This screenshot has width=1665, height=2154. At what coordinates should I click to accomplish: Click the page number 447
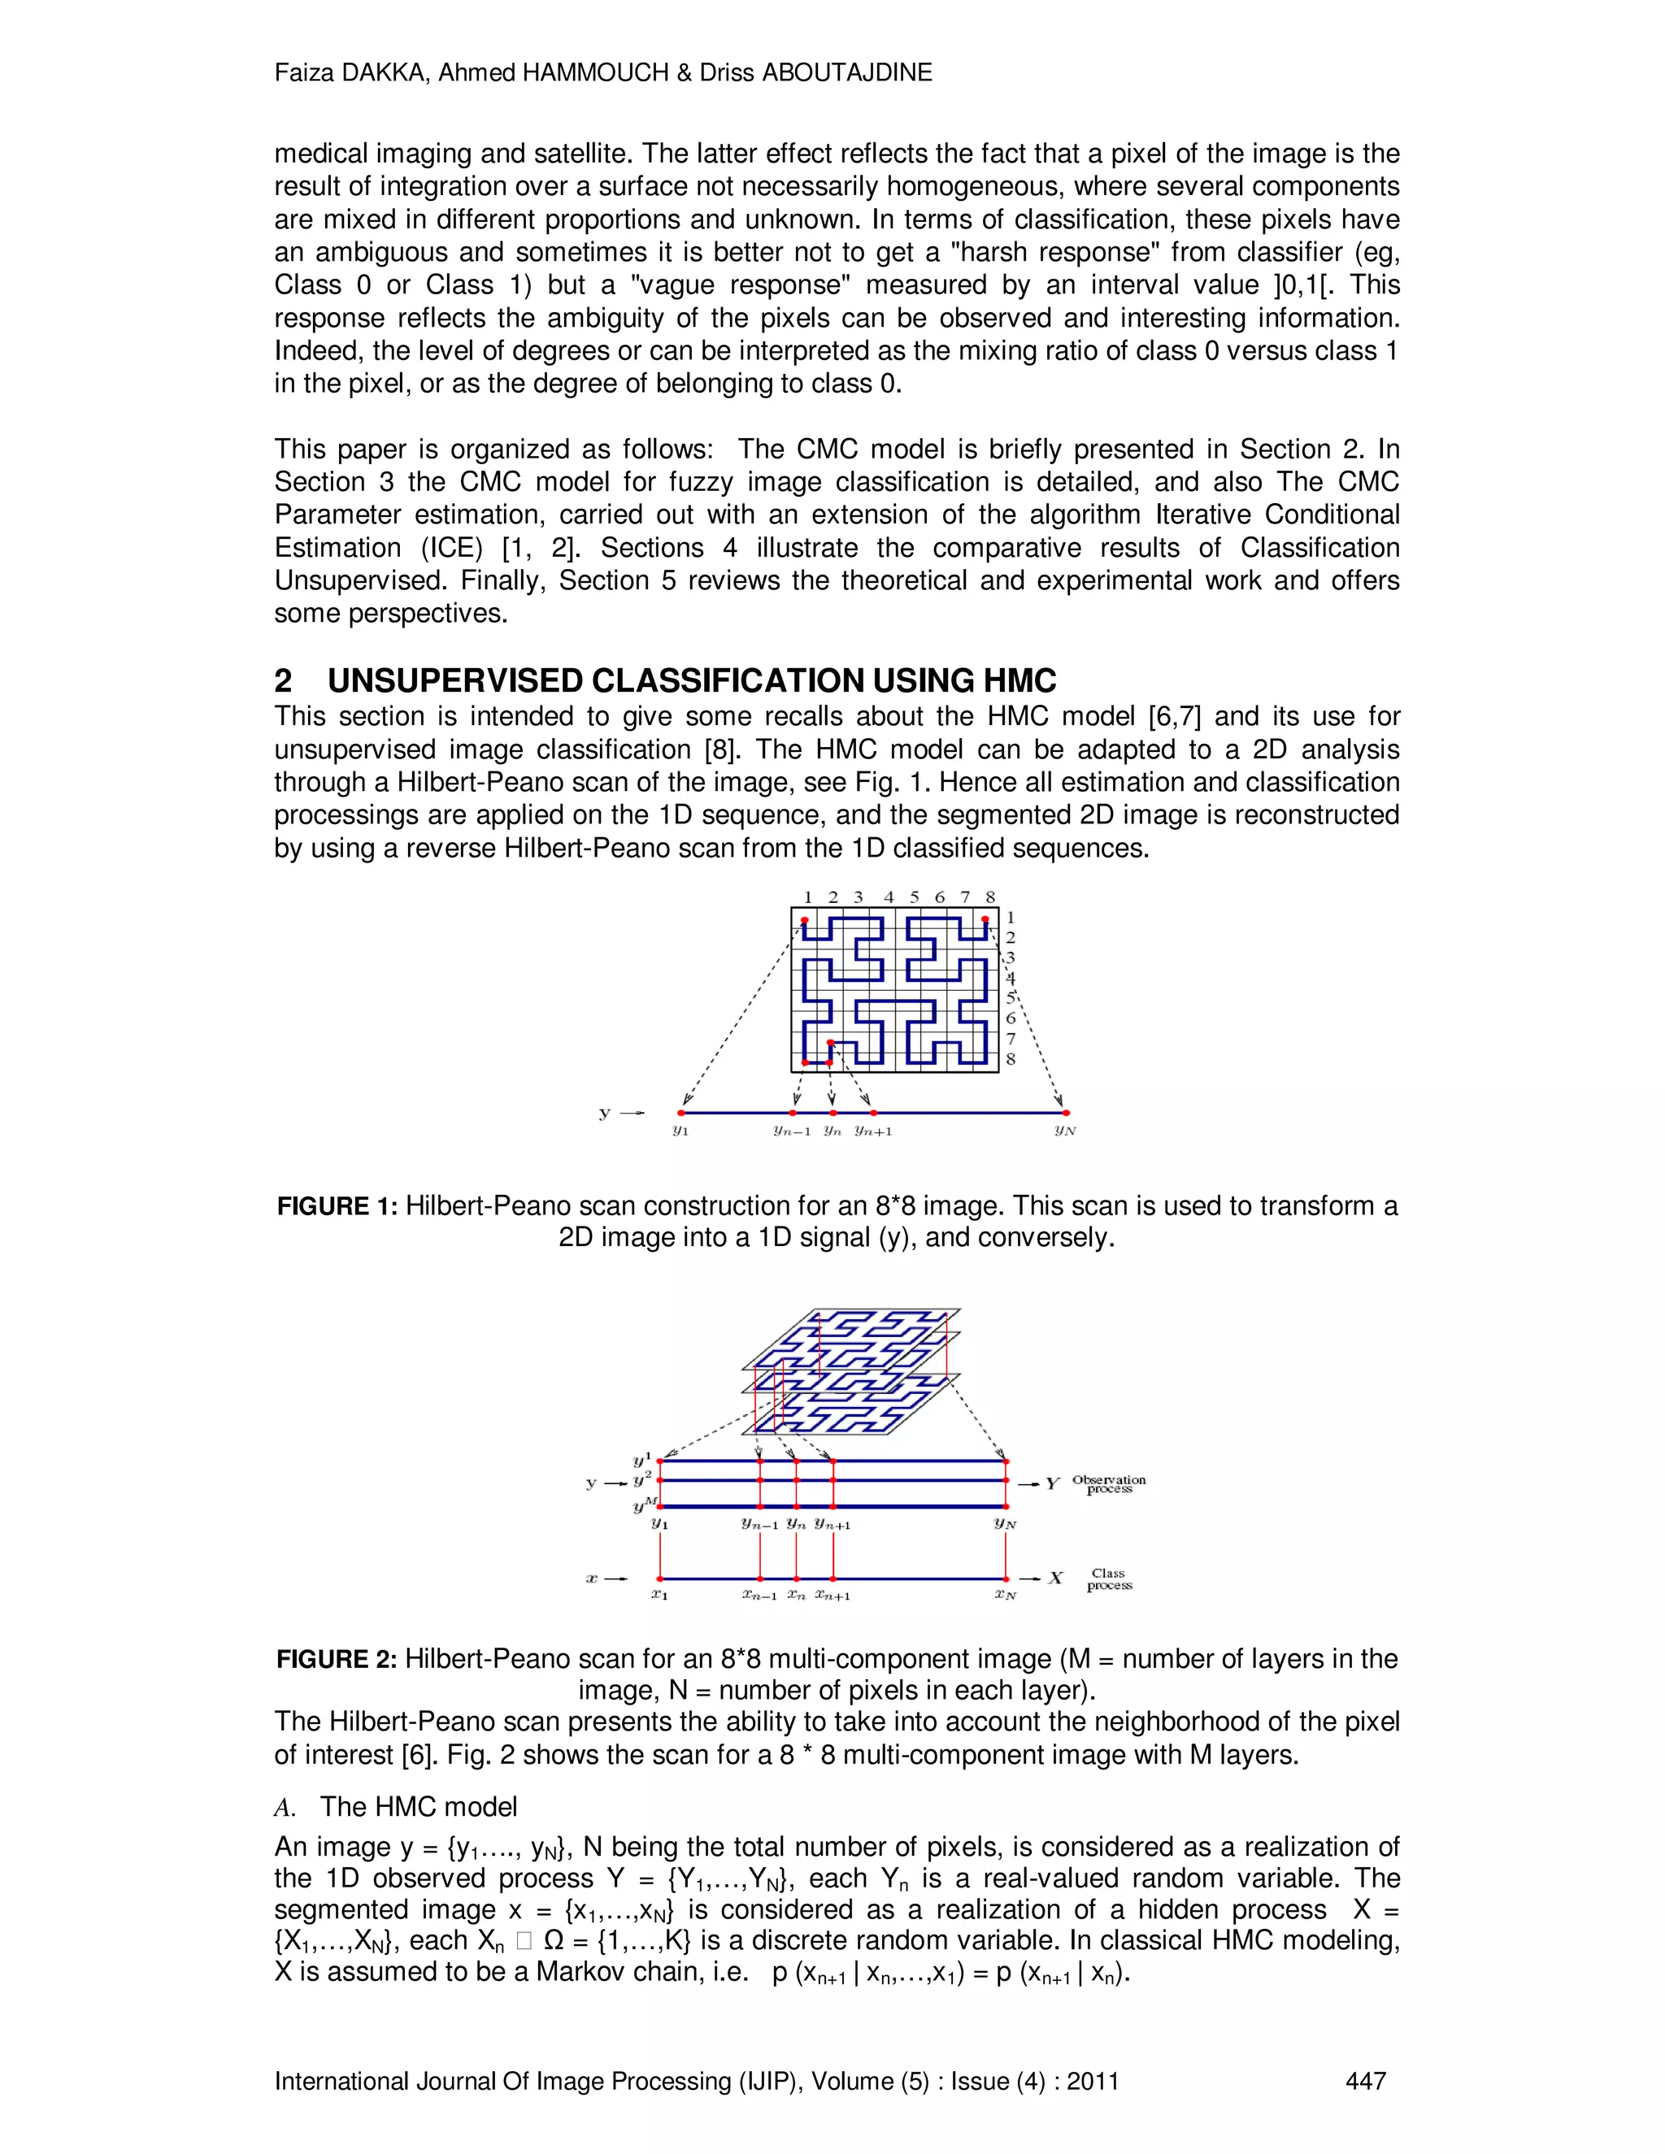[1365, 2081]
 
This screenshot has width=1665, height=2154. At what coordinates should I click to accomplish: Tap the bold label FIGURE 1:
[337, 1206]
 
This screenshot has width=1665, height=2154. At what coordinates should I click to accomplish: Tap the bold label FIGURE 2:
[337, 1659]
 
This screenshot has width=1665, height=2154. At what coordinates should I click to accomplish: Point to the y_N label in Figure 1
[1064, 1131]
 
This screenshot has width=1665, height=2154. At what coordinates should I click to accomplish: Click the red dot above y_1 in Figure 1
[680, 1113]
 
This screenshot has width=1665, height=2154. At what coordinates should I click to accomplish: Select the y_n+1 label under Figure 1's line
[873, 1131]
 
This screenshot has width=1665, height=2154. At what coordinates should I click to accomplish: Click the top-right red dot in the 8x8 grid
[985, 919]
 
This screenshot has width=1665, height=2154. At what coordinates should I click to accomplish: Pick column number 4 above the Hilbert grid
[889, 897]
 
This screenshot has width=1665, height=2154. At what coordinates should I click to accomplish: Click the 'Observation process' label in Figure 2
[1109, 1484]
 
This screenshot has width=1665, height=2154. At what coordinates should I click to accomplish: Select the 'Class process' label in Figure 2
[1109, 1579]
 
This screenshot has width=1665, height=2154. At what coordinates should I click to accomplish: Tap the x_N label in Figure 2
[1005, 1595]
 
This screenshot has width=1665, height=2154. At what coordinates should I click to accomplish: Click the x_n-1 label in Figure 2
[759, 1595]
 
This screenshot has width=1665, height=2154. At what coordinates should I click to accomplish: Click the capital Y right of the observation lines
[1053, 1483]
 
